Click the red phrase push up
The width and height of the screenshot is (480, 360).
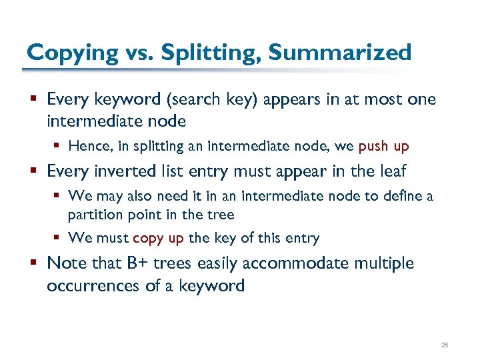click(x=383, y=146)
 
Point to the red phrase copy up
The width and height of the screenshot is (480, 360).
click(x=158, y=238)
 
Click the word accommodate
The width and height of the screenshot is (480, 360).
click(x=295, y=263)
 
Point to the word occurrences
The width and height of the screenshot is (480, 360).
click(x=91, y=286)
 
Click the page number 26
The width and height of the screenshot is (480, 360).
click(x=445, y=345)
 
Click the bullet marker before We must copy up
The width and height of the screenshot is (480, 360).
click(x=59, y=238)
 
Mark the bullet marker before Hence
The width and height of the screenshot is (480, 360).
click(x=59, y=146)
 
